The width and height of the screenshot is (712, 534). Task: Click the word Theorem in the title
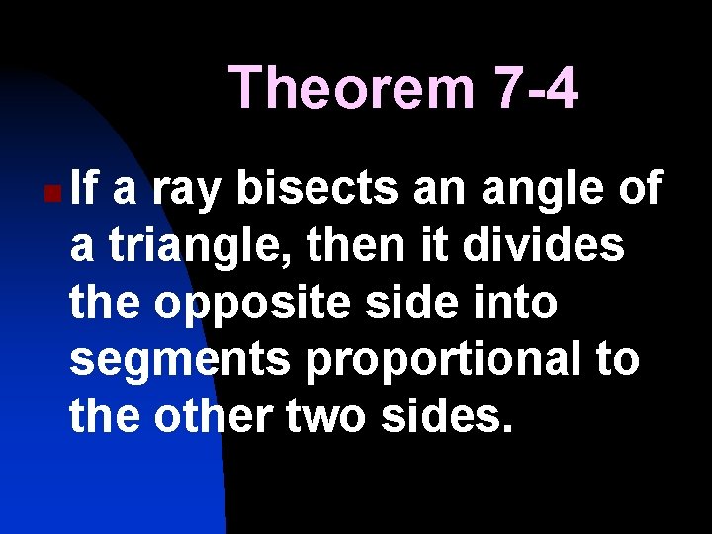point(352,88)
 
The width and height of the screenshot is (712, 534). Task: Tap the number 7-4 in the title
point(534,88)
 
